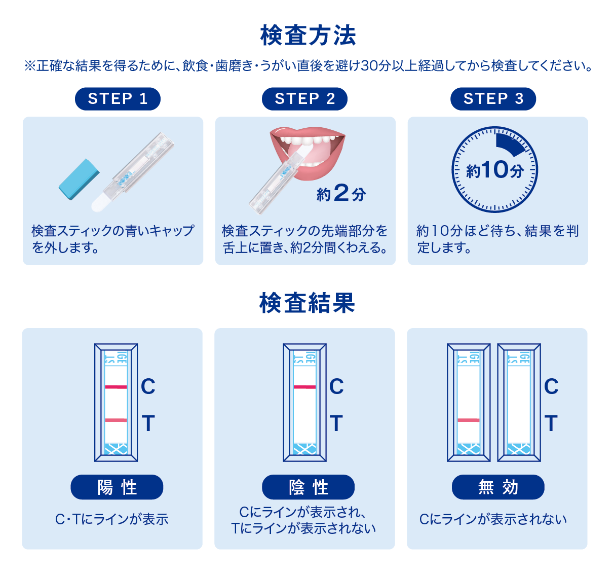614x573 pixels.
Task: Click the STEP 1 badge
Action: point(118,99)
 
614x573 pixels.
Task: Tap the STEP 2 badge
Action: point(304,99)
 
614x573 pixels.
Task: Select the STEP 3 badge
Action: point(493,99)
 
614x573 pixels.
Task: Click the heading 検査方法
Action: point(308,35)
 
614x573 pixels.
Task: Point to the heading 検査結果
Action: point(307,303)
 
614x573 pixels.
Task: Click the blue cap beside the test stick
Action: point(79,179)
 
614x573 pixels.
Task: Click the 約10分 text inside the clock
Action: point(494,170)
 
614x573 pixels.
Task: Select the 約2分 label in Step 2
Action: point(341,193)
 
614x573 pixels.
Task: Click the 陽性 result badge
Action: point(117,487)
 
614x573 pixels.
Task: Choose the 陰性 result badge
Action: point(308,487)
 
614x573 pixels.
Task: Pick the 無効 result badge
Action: point(498,487)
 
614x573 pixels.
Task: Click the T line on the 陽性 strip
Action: point(116,420)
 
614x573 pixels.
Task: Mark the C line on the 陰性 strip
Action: point(304,387)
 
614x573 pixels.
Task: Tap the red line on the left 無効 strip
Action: point(469,420)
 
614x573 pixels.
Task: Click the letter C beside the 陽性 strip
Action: point(148,387)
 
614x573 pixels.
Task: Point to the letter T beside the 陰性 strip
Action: point(336,423)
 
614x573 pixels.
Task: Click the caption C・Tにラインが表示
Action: point(112,519)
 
